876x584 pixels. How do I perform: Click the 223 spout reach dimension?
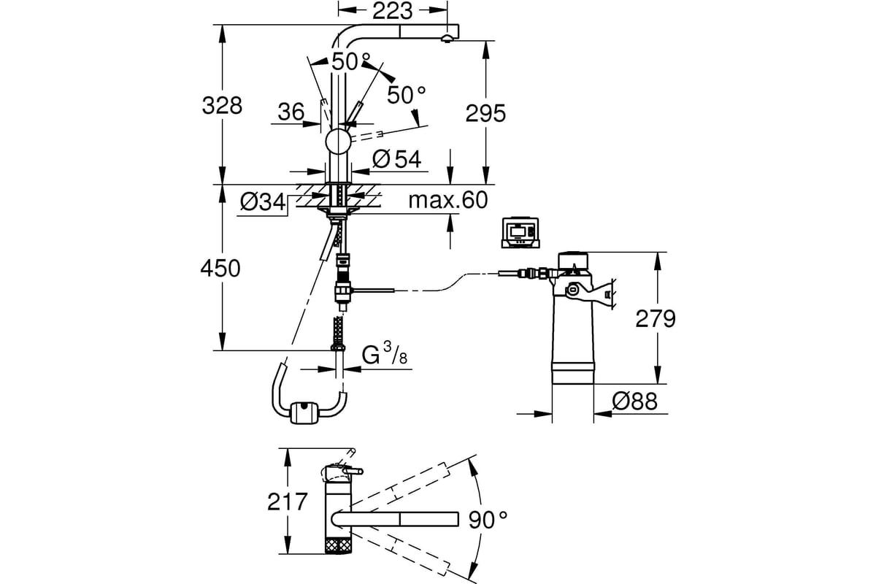click(x=392, y=11)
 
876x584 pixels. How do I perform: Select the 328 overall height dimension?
click(x=222, y=105)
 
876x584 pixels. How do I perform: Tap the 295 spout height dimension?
click(x=485, y=113)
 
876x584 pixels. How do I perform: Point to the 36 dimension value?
click(x=291, y=112)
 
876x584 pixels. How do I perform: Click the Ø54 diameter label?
click(x=396, y=159)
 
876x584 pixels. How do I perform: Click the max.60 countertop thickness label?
click(x=448, y=200)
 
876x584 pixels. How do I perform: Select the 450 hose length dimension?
click(x=220, y=269)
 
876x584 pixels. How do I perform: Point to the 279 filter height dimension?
click(x=656, y=318)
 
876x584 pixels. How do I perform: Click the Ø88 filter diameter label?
click(x=634, y=401)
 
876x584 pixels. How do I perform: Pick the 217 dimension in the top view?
click(x=288, y=502)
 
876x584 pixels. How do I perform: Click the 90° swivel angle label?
click(x=488, y=520)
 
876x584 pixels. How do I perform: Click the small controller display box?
click(x=520, y=232)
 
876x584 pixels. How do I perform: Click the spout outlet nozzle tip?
click(x=447, y=39)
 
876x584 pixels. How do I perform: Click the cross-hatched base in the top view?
click(x=338, y=544)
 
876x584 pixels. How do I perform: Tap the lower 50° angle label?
click(x=407, y=96)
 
